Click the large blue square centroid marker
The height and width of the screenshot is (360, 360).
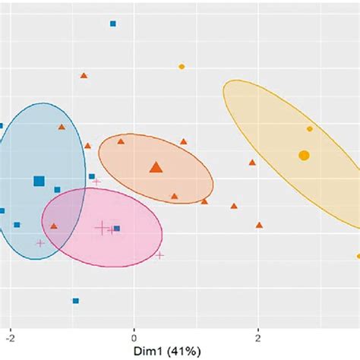pyautogui.click(x=39, y=181)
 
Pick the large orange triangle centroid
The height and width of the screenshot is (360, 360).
pyautogui.click(x=156, y=167)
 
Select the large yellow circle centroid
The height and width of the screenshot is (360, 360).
pyautogui.click(x=304, y=156)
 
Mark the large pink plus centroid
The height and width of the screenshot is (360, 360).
pyautogui.click(x=102, y=226)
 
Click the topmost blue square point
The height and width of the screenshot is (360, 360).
pyautogui.click(x=113, y=24)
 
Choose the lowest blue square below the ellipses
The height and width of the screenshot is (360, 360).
pyautogui.click(x=75, y=301)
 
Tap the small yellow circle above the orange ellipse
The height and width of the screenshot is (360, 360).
pyautogui.click(x=182, y=67)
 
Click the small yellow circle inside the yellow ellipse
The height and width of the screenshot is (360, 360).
pyautogui.click(x=310, y=129)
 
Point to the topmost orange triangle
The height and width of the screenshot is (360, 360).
pyautogui.click(x=84, y=75)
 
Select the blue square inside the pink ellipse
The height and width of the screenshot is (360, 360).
pyautogui.click(x=116, y=228)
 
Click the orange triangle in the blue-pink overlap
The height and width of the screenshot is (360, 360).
pyautogui.click(x=54, y=226)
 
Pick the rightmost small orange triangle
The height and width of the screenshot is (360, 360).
pyautogui.click(x=259, y=225)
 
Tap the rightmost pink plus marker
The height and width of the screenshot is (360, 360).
pyautogui.click(x=159, y=255)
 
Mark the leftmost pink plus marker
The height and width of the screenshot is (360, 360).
pyautogui.click(x=40, y=243)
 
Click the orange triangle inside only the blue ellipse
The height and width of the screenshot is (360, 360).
pyautogui.click(x=62, y=128)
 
